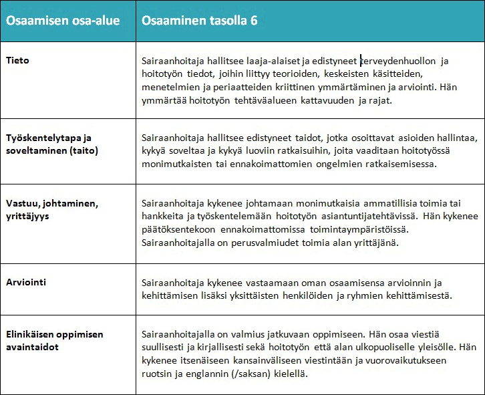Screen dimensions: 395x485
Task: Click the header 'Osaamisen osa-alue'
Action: [63, 20]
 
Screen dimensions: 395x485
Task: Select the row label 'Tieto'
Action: [18, 60]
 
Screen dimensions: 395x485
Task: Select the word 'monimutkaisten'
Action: [174, 164]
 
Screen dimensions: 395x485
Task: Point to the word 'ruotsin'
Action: [156, 374]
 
